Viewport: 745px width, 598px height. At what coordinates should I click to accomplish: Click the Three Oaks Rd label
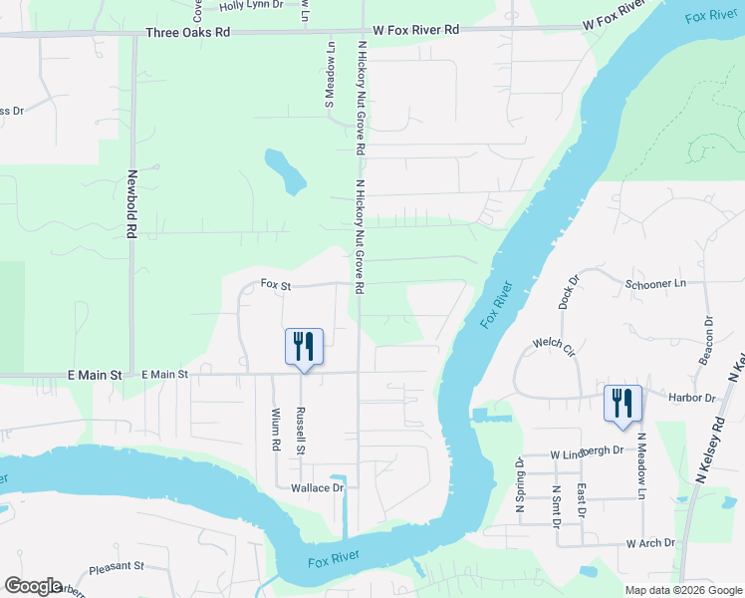187,32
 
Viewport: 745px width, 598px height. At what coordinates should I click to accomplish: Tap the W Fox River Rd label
416,30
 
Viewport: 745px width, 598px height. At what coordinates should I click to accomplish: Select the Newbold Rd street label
131,203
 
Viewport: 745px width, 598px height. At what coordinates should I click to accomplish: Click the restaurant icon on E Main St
305,347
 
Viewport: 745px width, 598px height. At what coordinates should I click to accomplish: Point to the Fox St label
275,284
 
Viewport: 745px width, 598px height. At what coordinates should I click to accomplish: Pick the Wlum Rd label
276,429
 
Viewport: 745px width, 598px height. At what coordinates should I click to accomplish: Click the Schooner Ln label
656,284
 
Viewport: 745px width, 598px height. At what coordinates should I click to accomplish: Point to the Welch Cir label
555,346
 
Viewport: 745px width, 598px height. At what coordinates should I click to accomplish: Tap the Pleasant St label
117,566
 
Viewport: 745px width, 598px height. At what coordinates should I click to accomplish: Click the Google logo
33,586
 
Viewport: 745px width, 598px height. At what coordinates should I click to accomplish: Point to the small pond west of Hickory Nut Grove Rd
285,170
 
